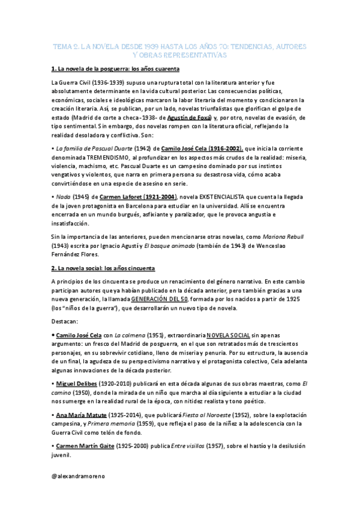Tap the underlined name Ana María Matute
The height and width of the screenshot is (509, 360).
click(82, 415)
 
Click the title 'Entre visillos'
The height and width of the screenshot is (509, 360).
click(185, 446)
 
